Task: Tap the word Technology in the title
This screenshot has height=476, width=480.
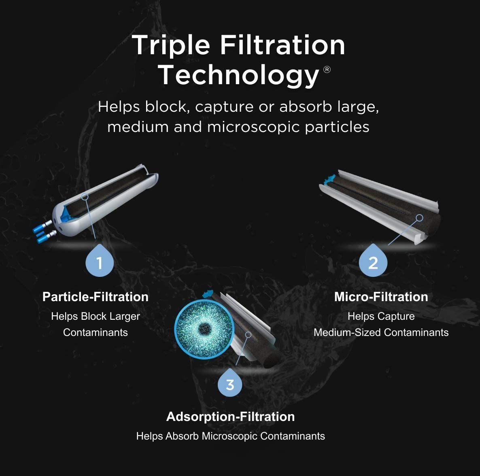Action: click(x=239, y=75)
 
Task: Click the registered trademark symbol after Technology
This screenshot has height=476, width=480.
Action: click(x=327, y=70)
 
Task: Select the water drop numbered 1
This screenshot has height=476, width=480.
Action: click(x=100, y=262)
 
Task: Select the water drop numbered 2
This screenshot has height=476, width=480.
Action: click(x=373, y=262)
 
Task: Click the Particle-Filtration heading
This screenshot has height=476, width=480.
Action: click(x=96, y=297)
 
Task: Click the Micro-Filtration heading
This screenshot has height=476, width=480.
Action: click(x=381, y=297)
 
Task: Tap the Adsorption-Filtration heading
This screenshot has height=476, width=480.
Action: click(x=230, y=416)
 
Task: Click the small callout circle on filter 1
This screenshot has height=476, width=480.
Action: click(x=85, y=196)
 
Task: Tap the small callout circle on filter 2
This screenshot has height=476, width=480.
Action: click(x=419, y=218)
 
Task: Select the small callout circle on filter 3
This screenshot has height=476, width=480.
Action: click(x=248, y=335)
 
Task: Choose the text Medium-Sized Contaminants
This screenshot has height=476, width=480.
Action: click(x=381, y=333)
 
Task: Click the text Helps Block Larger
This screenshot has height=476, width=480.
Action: click(x=96, y=317)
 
